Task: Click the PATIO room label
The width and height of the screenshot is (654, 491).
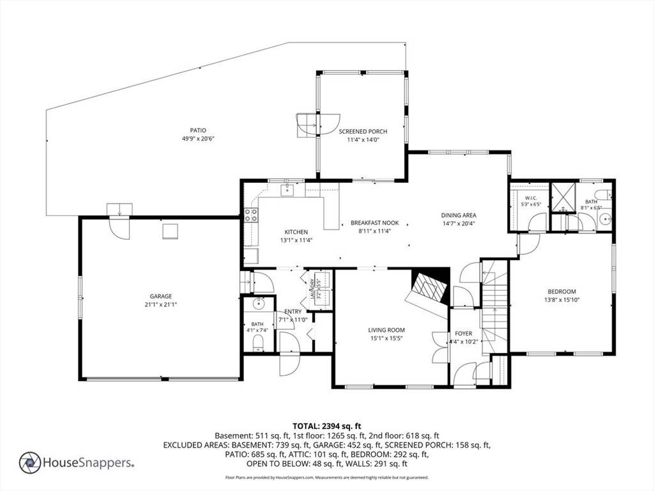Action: (x=198, y=130)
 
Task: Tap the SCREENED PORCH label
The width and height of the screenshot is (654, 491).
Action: (x=363, y=132)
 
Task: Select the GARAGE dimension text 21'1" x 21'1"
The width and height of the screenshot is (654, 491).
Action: (x=161, y=305)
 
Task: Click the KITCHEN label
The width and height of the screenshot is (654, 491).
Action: (x=296, y=232)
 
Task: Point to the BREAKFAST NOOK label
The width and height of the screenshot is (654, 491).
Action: (x=374, y=223)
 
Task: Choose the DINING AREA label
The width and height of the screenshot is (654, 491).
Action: (x=459, y=215)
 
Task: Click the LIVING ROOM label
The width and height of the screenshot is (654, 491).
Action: (x=386, y=331)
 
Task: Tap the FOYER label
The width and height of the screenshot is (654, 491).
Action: (x=464, y=334)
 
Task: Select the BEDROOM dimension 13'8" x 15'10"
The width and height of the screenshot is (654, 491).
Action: (x=562, y=300)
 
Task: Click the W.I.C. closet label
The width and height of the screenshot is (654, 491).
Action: (x=531, y=198)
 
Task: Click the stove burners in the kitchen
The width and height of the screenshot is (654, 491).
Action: (x=250, y=215)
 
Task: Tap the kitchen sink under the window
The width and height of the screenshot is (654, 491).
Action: (x=287, y=190)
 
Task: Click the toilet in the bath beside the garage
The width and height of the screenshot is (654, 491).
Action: (x=259, y=343)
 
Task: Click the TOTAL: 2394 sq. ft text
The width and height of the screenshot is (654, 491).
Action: (x=326, y=426)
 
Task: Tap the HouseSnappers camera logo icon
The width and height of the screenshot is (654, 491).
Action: (x=30, y=463)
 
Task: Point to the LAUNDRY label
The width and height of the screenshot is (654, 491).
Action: (x=312, y=289)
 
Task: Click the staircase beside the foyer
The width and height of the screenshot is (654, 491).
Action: (x=495, y=307)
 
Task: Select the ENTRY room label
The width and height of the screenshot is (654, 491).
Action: (x=293, y=312)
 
